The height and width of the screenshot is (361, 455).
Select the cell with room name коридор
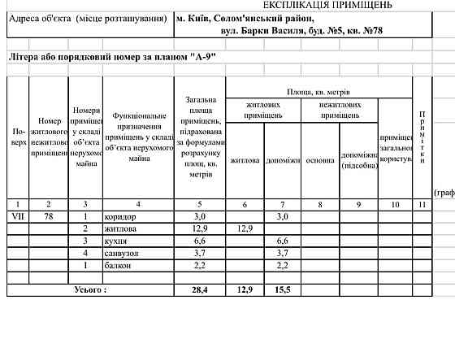[x=121, y=217]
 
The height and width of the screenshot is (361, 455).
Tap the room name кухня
[x=117, y=241]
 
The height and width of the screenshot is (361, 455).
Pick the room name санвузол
[x=123, y=254]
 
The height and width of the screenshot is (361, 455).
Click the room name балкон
[x=119, y=266]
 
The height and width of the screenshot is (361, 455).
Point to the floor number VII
[x=16, y=217]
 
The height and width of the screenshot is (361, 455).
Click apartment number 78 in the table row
[x=49, y=217]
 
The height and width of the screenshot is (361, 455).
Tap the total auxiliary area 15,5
[x=283, y=290]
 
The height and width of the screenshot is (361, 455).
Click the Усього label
[x=90, y=290]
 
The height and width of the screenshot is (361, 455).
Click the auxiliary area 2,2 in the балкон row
[x=283, y=266]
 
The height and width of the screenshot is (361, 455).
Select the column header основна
[x=319, y=160]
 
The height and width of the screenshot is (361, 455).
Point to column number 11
[x=421, y=203]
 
